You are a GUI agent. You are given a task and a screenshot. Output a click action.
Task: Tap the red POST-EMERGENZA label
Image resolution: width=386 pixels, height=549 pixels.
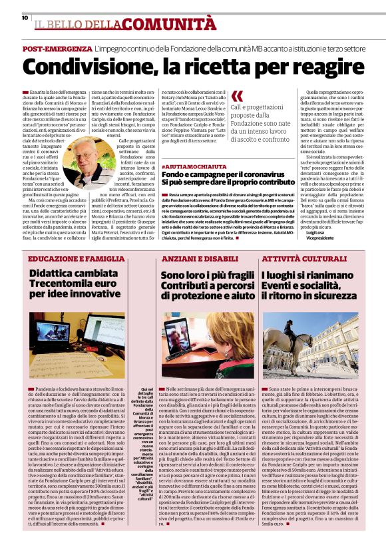coord(57,50)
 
